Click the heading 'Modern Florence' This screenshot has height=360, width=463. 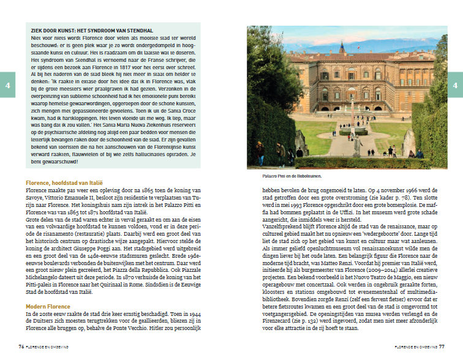(48, 306)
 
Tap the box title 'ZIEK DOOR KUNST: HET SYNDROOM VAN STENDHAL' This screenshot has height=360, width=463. (92, 31)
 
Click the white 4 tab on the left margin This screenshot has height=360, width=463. (7, 85)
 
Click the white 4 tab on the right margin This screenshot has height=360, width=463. (456, 85)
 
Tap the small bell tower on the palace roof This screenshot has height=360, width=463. (342, 48)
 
